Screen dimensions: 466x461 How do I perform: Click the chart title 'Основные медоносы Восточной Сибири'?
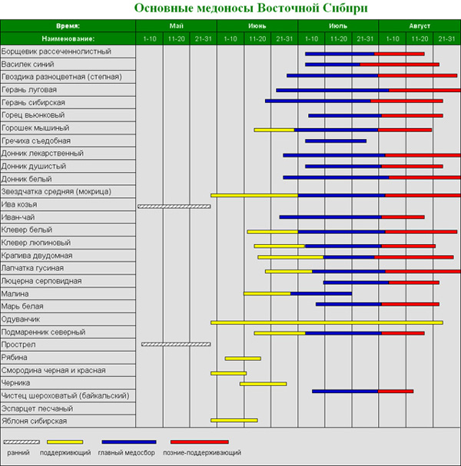click(230, 8)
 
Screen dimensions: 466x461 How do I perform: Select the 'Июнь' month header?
click(257, 25)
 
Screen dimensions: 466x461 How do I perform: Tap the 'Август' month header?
click(419, 25)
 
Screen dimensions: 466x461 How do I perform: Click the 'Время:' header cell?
click(68, 25)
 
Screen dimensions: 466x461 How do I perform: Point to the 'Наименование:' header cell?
click(68, 38)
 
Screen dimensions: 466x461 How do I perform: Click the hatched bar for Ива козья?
click(174, 206)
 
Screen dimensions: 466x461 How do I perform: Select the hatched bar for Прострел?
click(176, 345)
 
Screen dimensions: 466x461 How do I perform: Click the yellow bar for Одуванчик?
click(327, 322)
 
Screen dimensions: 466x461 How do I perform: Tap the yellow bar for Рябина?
click(243, 358)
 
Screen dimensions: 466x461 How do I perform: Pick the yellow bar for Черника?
click(263, 383)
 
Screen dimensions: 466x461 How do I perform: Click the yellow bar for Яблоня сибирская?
click(234, 420)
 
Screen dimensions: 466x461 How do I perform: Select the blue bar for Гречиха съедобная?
click(330, 141)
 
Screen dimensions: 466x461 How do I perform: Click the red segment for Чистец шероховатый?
click(395, 392)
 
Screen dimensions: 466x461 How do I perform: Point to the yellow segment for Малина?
click(267, 293)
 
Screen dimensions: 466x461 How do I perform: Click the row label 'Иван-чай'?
click(18, 217)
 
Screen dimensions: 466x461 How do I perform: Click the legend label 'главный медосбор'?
click(127, 454)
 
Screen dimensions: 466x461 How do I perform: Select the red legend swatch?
click(199, 442)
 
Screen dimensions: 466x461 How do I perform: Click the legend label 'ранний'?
click(20, 454)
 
